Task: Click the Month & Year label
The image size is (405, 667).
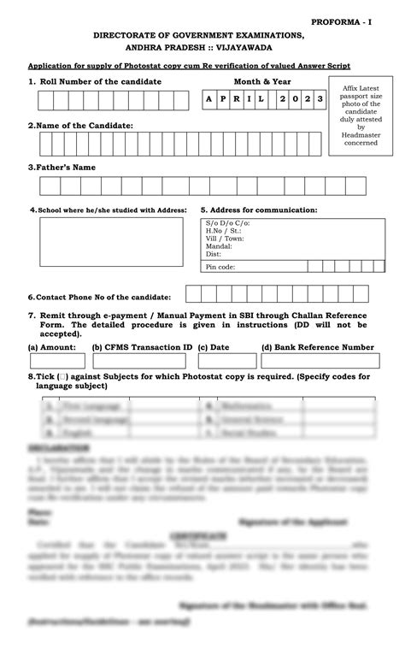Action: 264,81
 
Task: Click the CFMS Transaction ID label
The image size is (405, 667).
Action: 142,347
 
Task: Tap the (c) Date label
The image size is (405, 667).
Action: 214,347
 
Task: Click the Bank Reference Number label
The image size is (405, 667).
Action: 317,347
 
